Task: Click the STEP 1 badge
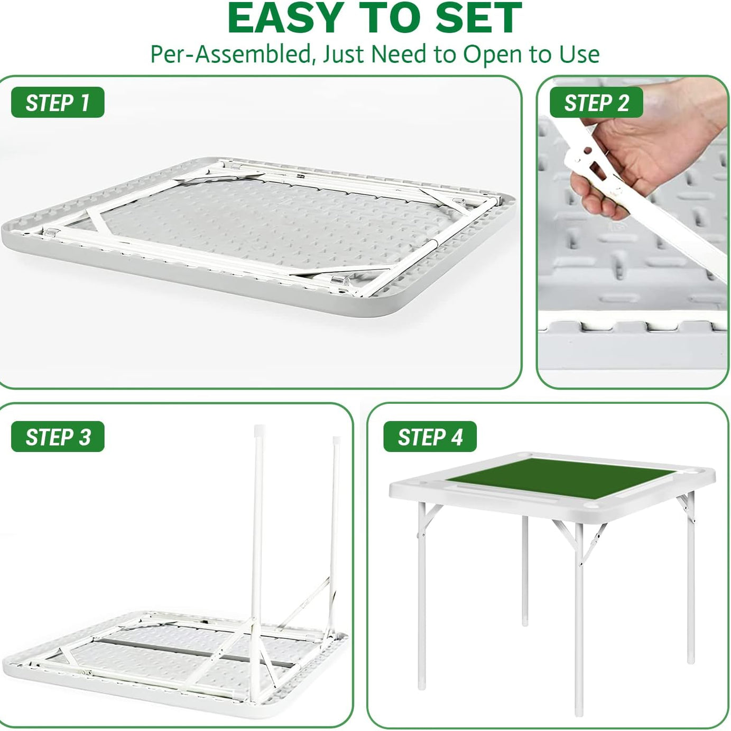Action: pos(58,102)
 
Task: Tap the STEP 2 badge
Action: pos(596,102)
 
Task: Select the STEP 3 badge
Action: pos(58,436)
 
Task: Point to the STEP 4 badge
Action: pos(430,436)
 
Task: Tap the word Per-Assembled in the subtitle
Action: pos(230,54)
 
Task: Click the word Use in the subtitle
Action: pos(579,54)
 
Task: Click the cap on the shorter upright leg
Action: pos(336,440)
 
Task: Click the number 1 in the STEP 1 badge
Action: pos(85,103)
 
